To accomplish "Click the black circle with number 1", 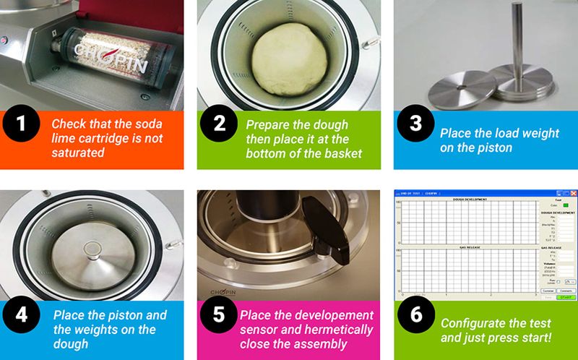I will (22, 124).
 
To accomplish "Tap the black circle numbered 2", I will (218, 124).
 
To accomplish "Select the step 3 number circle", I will (415, 124).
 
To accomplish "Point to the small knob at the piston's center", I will (92, 249).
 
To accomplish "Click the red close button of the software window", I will (574, 194).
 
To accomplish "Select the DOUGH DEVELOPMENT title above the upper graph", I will (470, 199).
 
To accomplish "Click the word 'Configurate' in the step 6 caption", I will (473, 322).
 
